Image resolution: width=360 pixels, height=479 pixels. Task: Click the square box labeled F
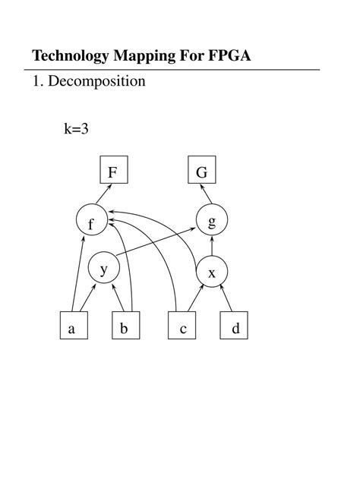tap(112, 172)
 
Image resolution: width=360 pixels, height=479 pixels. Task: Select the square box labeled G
tap(201, 172)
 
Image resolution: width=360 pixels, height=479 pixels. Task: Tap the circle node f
tap(91, 222)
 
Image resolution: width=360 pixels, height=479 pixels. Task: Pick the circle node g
tap(212, 221)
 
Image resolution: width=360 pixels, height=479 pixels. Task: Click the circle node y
tap(104, 268)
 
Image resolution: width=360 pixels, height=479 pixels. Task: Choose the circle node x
tap(212, 272)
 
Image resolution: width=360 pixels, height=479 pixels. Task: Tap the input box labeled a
tap(72, 328)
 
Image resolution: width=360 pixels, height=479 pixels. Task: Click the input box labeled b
tap(124, 328)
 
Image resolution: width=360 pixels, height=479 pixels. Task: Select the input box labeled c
tap(182, 328)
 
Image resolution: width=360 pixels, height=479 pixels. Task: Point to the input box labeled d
tap(235, 328)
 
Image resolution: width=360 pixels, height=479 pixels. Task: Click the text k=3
tap(76, 129)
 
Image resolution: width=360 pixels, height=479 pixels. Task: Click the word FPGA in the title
tap(231, 57)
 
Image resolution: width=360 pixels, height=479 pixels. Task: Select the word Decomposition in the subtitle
tap(96, 80)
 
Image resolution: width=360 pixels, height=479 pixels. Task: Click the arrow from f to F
tap(103, 197)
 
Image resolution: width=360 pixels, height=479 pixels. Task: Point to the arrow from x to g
tap(212, 247)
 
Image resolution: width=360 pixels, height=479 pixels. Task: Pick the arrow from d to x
tap(225, 299)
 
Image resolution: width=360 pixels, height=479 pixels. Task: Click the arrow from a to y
tap(85, 298)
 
